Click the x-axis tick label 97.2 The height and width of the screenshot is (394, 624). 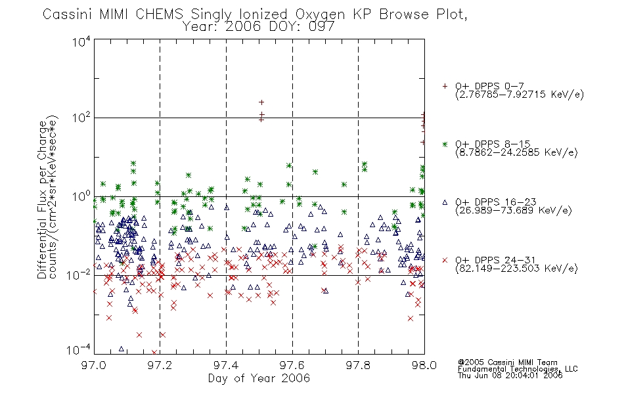pos(160,365)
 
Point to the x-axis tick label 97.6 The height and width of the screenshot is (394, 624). pos(292,365)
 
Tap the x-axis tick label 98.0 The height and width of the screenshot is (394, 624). pos(424,365)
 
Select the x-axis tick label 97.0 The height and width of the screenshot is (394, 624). pos(94,365)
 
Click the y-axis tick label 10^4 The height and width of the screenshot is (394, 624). pos(81,41)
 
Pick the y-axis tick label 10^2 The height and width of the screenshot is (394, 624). pos(81,118)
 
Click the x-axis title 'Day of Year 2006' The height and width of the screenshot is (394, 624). pos(259,378)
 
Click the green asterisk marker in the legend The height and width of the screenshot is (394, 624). pos(445,144)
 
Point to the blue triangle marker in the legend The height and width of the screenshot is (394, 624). pos(445,202)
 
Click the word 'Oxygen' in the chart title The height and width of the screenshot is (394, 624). pos(320,14)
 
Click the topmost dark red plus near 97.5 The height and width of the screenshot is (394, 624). pos(261,102)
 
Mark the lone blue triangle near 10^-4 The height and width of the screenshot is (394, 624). pos(122,349)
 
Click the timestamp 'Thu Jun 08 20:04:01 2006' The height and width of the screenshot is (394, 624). pos(510,376)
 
